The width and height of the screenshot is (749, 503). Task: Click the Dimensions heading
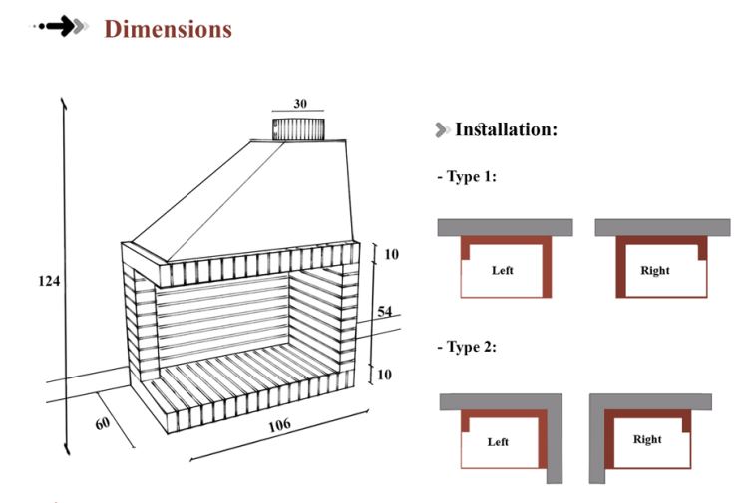(168, 29)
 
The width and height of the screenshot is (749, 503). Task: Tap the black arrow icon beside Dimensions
(68, 28)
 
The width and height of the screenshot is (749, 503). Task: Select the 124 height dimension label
(50, 282)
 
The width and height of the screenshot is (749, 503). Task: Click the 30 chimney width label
(300, 104)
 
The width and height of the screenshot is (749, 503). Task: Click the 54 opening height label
(384, 313)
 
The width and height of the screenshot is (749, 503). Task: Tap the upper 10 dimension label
(391, 255)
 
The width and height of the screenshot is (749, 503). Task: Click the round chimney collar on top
(300, 128)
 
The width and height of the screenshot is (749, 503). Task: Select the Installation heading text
(506, 129)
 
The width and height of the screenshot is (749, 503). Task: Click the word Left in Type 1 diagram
(503, 270)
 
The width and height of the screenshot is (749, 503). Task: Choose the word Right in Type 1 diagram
(655, 270)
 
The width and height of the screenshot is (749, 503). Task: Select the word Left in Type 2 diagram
(498, 441)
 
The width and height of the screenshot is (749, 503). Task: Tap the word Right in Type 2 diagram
(647, 439)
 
